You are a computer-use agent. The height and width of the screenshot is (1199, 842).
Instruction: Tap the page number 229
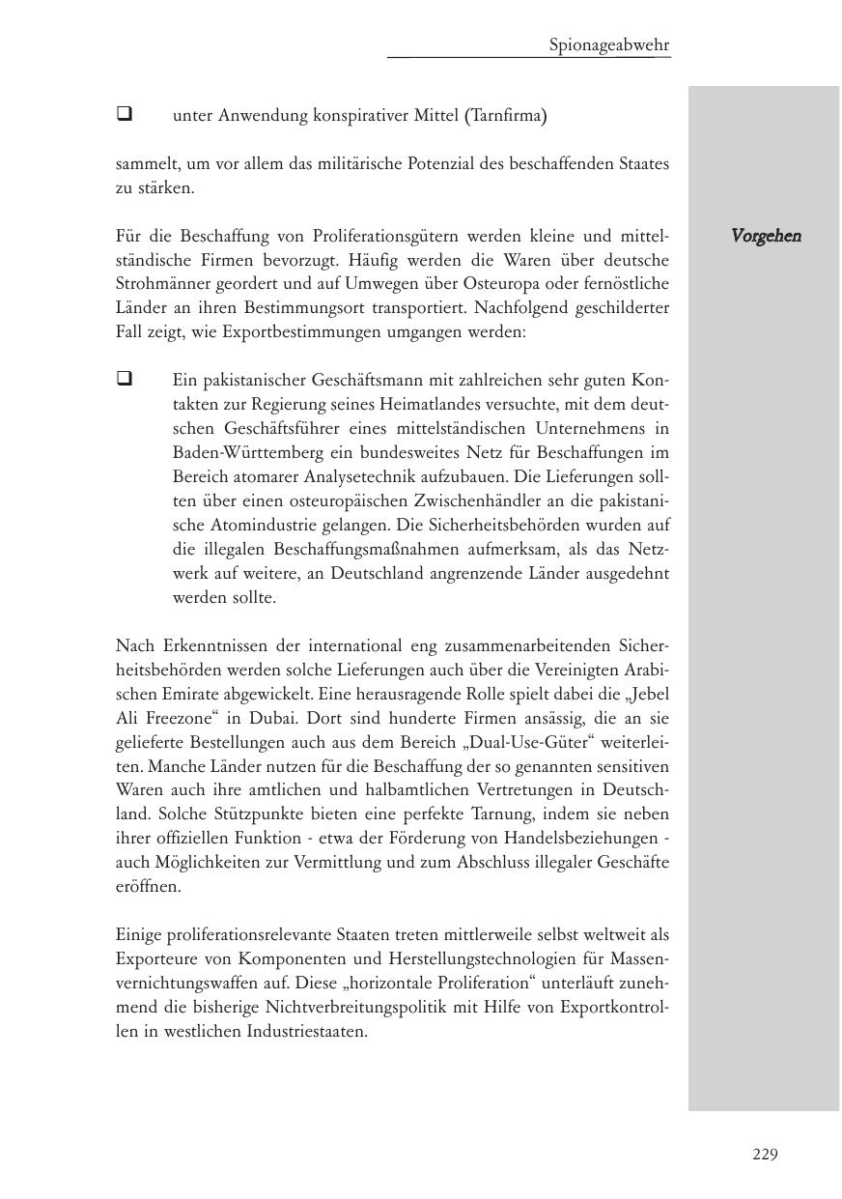[765, 1154]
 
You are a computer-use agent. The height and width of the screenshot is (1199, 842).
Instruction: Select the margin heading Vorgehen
[766, 236]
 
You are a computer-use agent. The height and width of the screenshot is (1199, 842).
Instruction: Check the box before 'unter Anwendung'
[124, 114]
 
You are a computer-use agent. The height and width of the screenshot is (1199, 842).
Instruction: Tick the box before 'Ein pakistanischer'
[124, 379]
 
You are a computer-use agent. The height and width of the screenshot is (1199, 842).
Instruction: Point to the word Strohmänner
[158, 284]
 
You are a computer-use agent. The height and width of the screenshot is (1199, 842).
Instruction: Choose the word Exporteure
[157, 958]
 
